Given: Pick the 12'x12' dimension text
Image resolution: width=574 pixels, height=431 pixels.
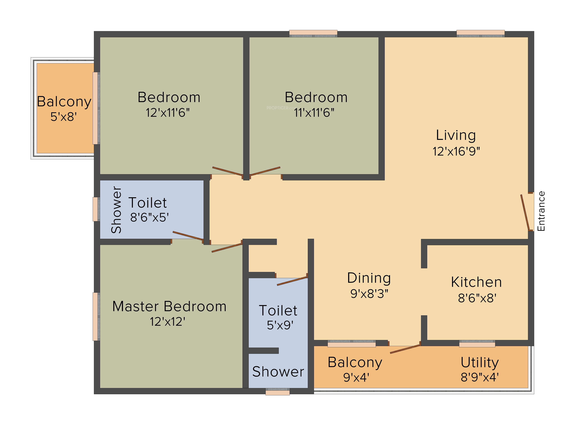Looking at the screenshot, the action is (x=168, y=322).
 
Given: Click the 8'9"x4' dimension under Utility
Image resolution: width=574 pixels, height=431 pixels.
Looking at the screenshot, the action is (x=480, y=377).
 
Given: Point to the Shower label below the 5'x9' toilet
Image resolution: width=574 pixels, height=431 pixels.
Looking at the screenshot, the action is (x=278, y=372).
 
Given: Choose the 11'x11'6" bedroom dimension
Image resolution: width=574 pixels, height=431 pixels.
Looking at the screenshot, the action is (x=314, y=113).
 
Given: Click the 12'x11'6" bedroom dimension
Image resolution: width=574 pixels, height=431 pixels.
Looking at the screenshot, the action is (x=168, y=113).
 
